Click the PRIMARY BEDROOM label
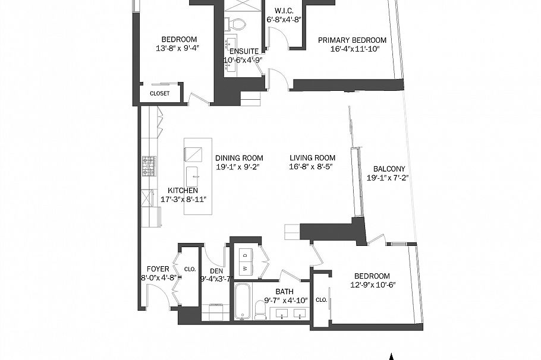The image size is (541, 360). coord(352,40)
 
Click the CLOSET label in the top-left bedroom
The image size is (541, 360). coord(159,93)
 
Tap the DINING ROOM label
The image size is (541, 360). coord(239,158)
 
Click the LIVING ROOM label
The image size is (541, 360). coord(312,158)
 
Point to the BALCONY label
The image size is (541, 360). coord(389,169)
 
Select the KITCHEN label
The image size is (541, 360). coord(183,191)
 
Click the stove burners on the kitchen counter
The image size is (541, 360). coord(148,163)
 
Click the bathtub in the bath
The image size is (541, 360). coord(243,300)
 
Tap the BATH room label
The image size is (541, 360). coord(284,292)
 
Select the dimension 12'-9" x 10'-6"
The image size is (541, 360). coord(372,285)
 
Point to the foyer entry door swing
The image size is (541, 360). coord(156,296)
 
